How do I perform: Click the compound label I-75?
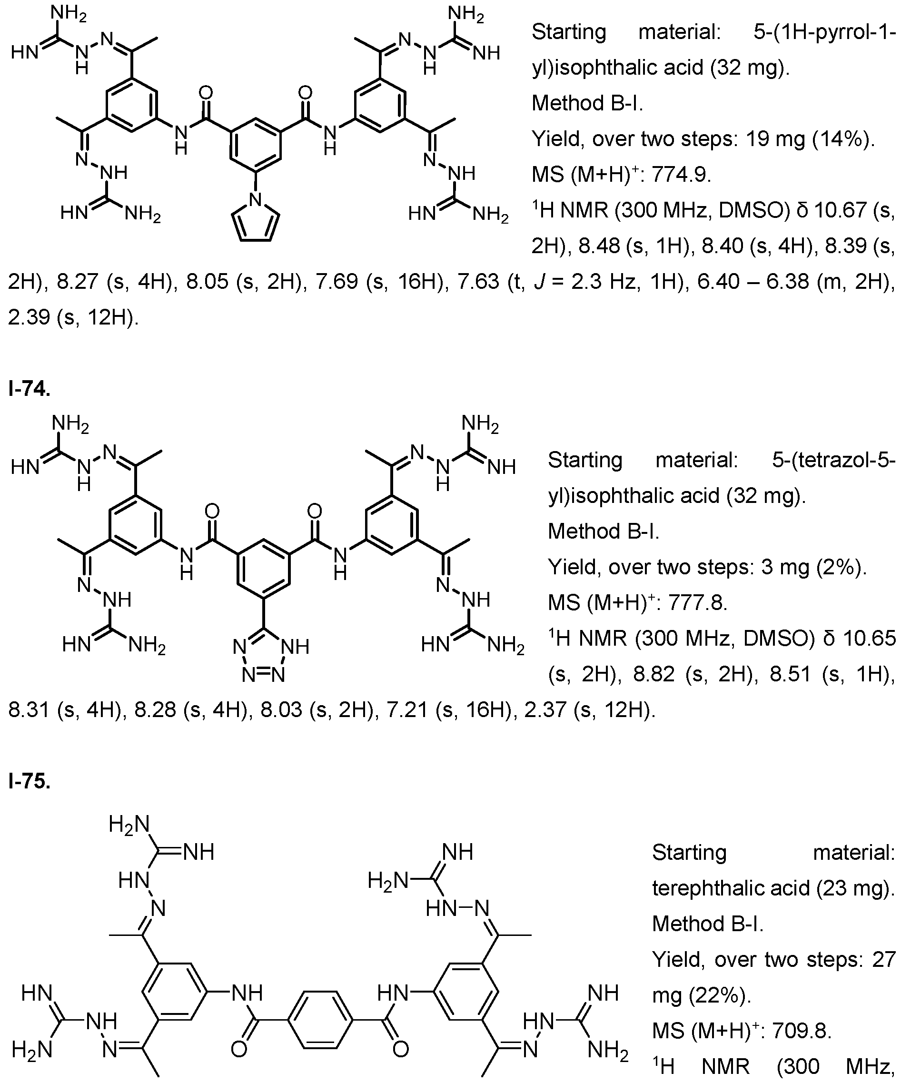pyautogui.click(x=29, y=782)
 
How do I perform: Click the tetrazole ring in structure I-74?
pyautogui.click(x=263, y=654)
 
